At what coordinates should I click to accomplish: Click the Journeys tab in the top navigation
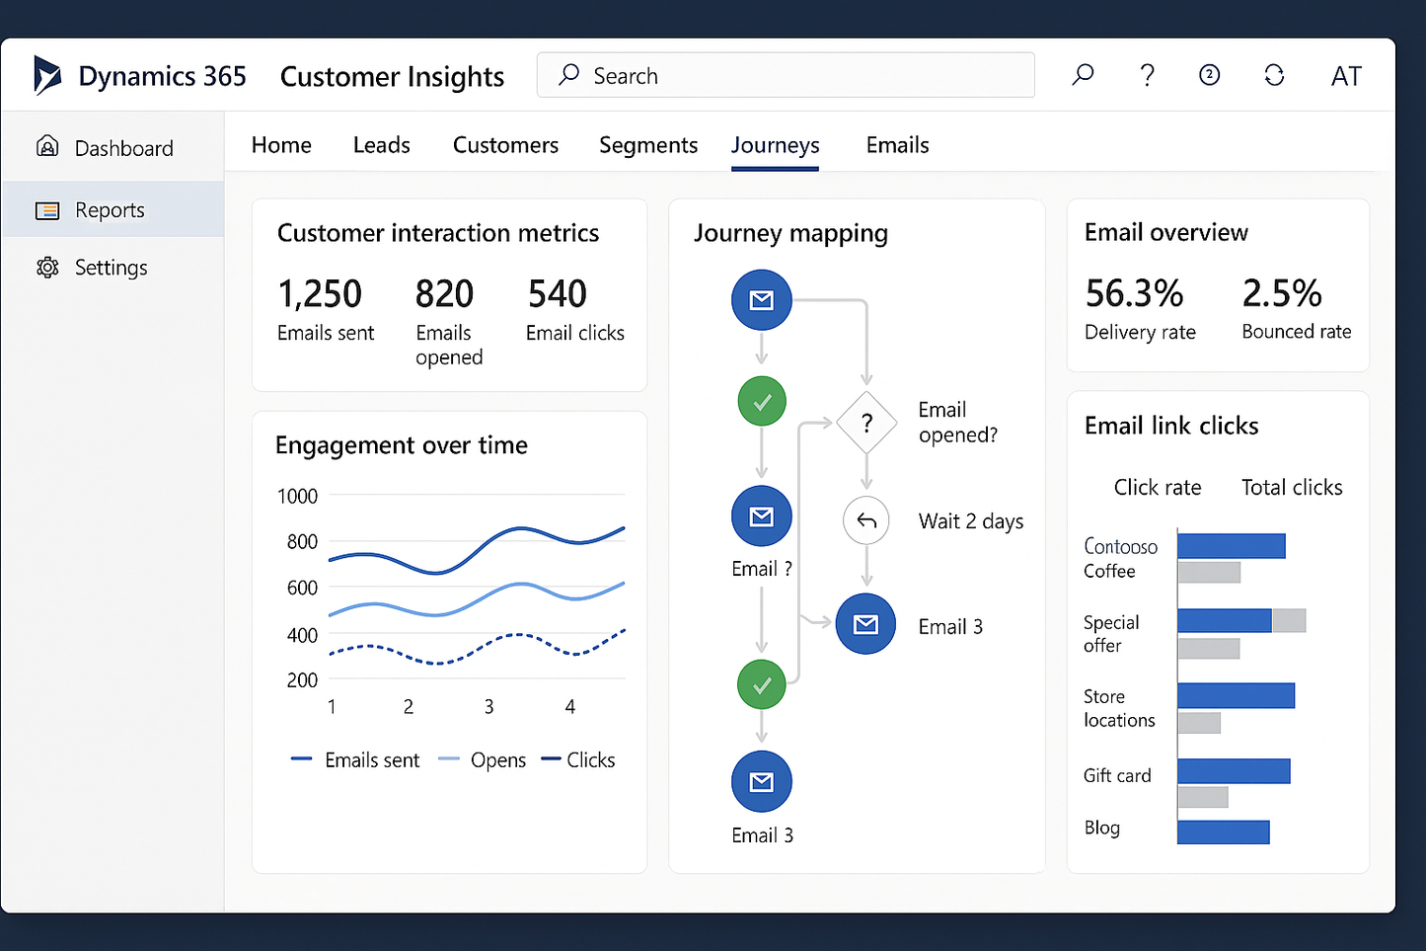pos(775,145)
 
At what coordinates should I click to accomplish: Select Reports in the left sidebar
pos(110,210)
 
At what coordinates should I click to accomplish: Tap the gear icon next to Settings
pos(47,268)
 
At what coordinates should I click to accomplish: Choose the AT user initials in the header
pos(1345,76)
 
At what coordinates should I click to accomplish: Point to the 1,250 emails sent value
pos(320,294)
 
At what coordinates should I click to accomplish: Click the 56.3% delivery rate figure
pos(1134,293)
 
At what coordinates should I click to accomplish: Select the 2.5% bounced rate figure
pos(1281,293)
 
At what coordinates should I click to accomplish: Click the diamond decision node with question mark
pos(866,424)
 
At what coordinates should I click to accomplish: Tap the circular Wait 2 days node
pos(866,520)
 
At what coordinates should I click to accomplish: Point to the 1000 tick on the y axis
pos(297,496)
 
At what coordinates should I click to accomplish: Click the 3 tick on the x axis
pos(488,707)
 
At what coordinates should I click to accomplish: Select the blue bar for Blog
pos(1223,832)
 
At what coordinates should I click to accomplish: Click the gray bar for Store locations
pos(1199,723)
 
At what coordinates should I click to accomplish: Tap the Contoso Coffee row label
pos(1120,558)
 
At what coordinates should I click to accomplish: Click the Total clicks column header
pos(1291,487)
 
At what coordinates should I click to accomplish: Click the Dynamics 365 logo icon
pos(46,76)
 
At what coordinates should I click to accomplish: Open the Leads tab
pos(381,145)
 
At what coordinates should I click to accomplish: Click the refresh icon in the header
pos(1274,76)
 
